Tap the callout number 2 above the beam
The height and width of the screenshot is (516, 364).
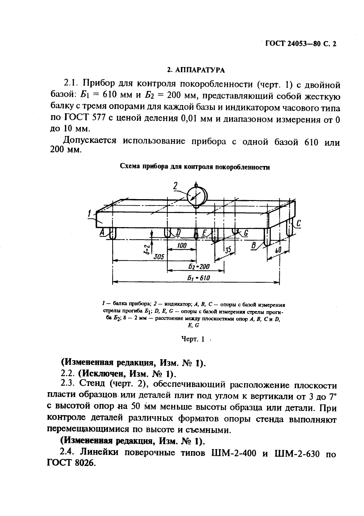(x=176, y=186)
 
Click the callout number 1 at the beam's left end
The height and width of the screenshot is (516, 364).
(x=89, y=213)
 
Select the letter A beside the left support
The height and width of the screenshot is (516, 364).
(x=102, y=233)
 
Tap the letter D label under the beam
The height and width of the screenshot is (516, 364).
(x=178, y=233)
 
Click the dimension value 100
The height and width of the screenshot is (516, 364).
(x=182, y=246)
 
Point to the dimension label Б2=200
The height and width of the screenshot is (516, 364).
(x=199, y=266)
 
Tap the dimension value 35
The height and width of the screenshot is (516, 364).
(x=228, y=250)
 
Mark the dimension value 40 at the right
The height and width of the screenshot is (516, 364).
(x=278, y=250)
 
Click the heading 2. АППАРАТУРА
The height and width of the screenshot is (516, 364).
(x=196, y=70)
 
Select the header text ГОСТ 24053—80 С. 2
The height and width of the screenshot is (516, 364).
(x=301, y=44)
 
